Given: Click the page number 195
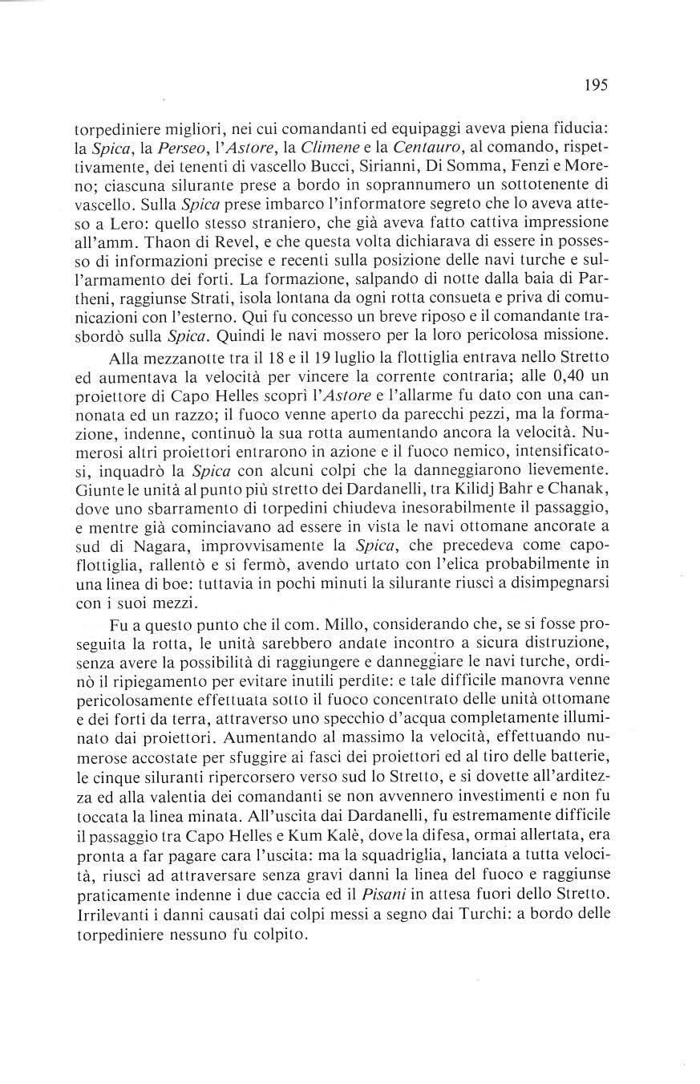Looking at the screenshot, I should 597,84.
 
